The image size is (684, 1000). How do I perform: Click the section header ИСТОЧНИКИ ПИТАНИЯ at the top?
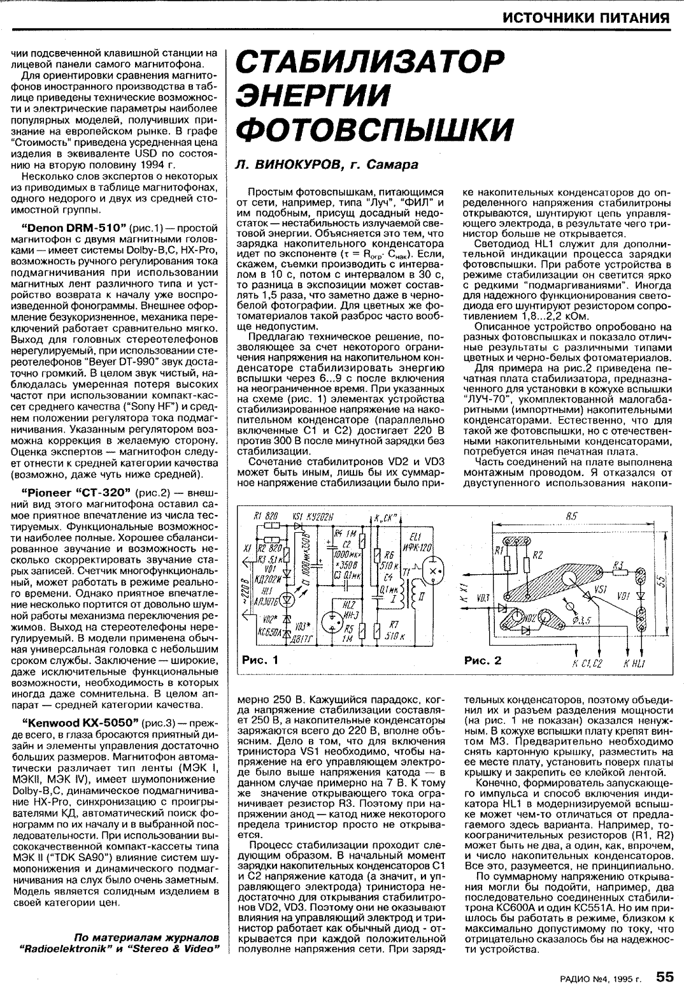coord(586,17)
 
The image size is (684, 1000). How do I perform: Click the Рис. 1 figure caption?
coord(260,660)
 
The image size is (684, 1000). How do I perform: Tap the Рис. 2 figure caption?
coord(482,660)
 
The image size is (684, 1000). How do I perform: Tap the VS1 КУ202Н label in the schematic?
coord(313,516)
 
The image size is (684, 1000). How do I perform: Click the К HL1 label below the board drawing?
coord(634,663)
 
